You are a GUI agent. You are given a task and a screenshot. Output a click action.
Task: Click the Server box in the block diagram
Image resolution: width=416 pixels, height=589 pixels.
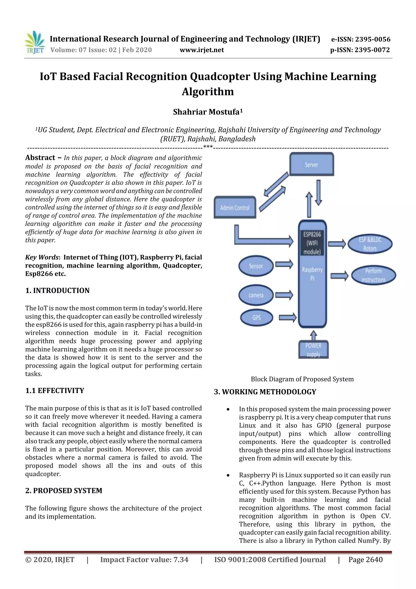coord(311,164)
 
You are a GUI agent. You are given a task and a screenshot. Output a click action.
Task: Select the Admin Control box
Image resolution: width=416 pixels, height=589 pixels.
coord(235,207)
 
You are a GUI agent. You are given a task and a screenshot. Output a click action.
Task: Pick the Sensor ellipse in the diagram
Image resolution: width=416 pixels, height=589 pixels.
coord(256,266)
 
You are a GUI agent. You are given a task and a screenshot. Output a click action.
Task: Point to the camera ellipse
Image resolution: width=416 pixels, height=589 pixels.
coord(256,295)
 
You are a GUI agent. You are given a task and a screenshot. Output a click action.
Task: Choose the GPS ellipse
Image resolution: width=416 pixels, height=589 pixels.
coord(256,318)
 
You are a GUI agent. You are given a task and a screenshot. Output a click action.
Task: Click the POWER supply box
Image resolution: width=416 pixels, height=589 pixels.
coord(313,350)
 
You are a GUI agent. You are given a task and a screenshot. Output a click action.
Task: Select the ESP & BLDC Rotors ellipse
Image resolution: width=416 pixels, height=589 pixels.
coord(370,244)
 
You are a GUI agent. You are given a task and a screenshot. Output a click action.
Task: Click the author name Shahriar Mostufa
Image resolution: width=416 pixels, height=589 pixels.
coord(208,112)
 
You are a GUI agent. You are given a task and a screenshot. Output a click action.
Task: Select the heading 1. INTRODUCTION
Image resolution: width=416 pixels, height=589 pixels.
coord(57,290)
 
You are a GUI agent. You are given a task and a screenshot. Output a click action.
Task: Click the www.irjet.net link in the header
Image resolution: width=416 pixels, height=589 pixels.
coord(202,50)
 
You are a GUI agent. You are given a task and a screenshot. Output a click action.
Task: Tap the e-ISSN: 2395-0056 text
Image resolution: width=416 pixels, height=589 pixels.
coord(361,39)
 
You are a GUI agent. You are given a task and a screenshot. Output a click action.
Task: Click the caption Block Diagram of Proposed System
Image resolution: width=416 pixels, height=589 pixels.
coord(302,379)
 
